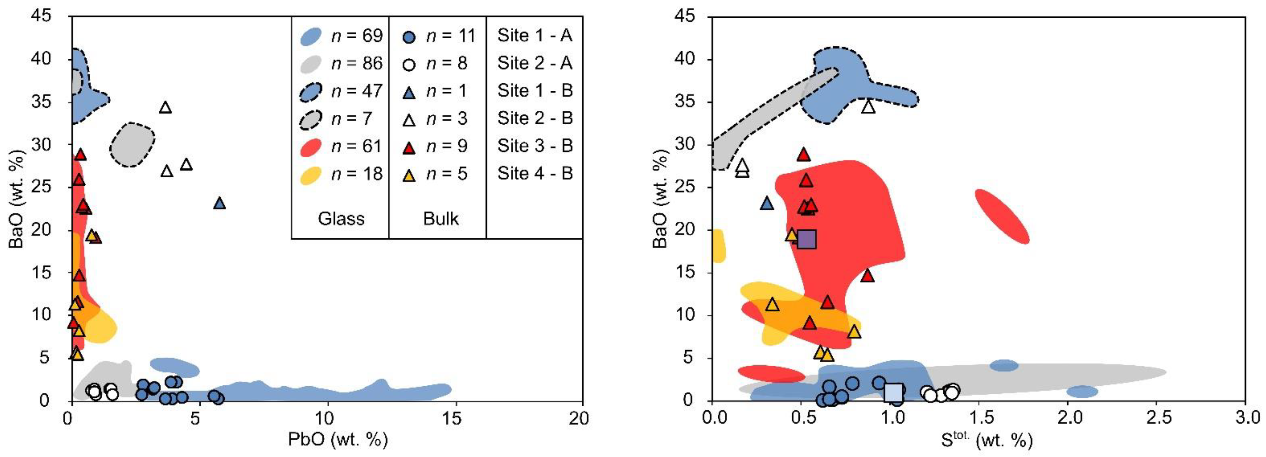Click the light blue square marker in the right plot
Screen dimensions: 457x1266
pyautogui.click(x=893, y=392)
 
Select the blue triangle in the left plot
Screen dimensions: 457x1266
pyautogui.click(x=220, y=203)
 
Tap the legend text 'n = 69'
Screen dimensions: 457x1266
pyautogui.click(x=357, y=36)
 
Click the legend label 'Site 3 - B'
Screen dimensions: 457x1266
pyautogui.click(x=535, y=146)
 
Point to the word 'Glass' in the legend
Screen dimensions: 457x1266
pyautogui.click(x=341, y=218)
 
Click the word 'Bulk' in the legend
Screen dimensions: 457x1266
pyautogui.click(x=441, y=218)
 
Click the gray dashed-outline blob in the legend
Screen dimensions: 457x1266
pyautogui.click(x=311, y=119)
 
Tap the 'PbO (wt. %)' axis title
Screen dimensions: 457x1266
pyautogui.click(x=338, y=438)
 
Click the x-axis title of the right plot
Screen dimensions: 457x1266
pyautogui.click(x=987, y=439)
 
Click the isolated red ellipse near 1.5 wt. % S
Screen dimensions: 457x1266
pyautogui.click(x=1002, y=216)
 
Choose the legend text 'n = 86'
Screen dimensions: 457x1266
pyautogui.click(x=357, y=63)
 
